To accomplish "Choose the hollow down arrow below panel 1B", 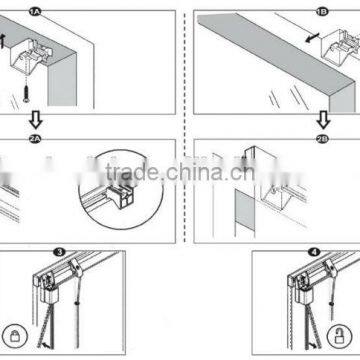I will click(x=321, y=118).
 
